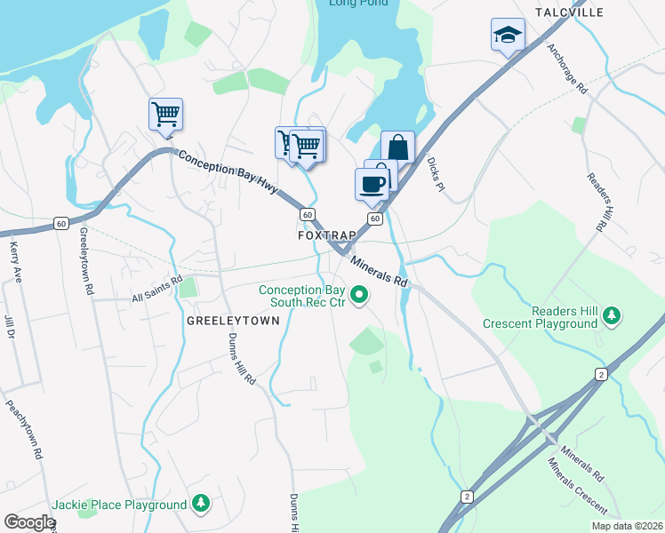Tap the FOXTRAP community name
(x=326, y=235)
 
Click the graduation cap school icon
(x=508, y=35)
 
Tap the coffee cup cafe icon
(x=372, y=184)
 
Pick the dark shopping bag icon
(x=398, y=147)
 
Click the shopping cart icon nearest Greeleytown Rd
(x=165, y=114)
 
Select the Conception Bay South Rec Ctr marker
(x=359, y=294)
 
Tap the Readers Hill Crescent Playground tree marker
(x=611, y=314)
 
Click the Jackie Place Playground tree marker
(x=202, y=504)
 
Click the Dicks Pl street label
(x=435, y=175)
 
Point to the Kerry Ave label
(x=15, y=261)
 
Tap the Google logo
(x=28, y=521)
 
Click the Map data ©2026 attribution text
(x=627, y=526)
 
